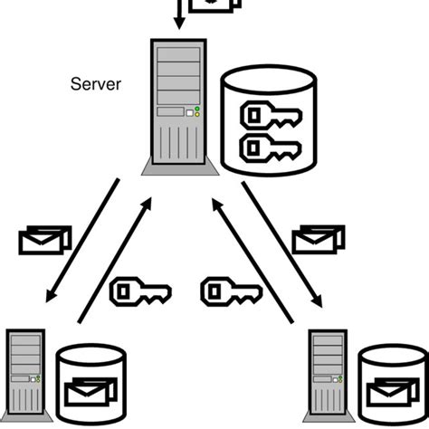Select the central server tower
pyautogui.click(x=179, y=109)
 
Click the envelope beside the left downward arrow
pyautogui.click(x=44, y=240)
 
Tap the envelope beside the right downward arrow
pyautogui.click(x=318, y=238)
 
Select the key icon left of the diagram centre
pyautogui.click(x=139, y=291)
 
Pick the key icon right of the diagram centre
pyautogui.click(x=232, y=291)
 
